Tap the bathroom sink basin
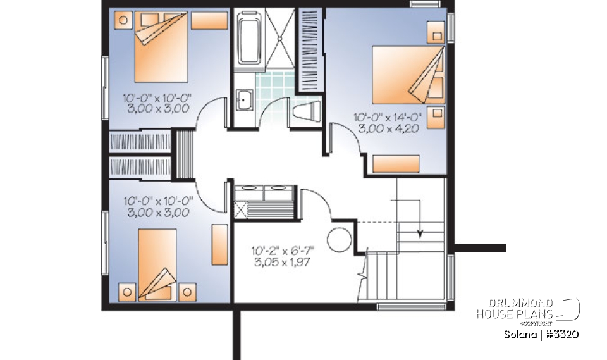[243, 99]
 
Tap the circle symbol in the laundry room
[339, 240]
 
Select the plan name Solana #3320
[542, 334]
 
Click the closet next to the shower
[310, 49]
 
